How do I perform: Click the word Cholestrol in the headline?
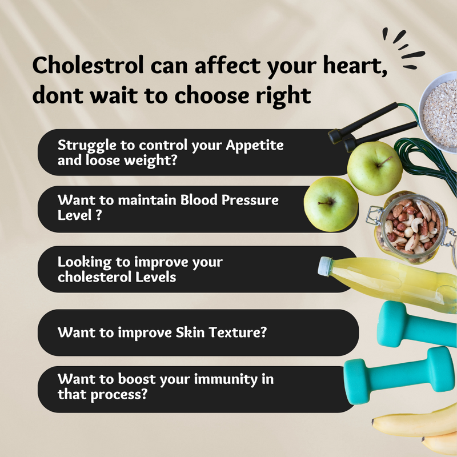(x=88, y=65)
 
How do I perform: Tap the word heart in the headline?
(x=355, y=65)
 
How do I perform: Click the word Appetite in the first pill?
(x=254, y=146)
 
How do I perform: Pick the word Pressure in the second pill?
(x=250, y=200)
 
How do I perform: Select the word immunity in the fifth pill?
(x=226, y=379)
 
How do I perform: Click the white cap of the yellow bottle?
(x=325, y=266)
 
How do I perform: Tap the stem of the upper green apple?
(x=384, y=161)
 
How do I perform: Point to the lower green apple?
(x=331, y=204)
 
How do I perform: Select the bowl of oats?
(x=438, y=112)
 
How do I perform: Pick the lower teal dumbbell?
(x=399, y=376)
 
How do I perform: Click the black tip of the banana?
(x=373, y=422)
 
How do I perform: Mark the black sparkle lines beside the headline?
(x=404, y=49)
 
